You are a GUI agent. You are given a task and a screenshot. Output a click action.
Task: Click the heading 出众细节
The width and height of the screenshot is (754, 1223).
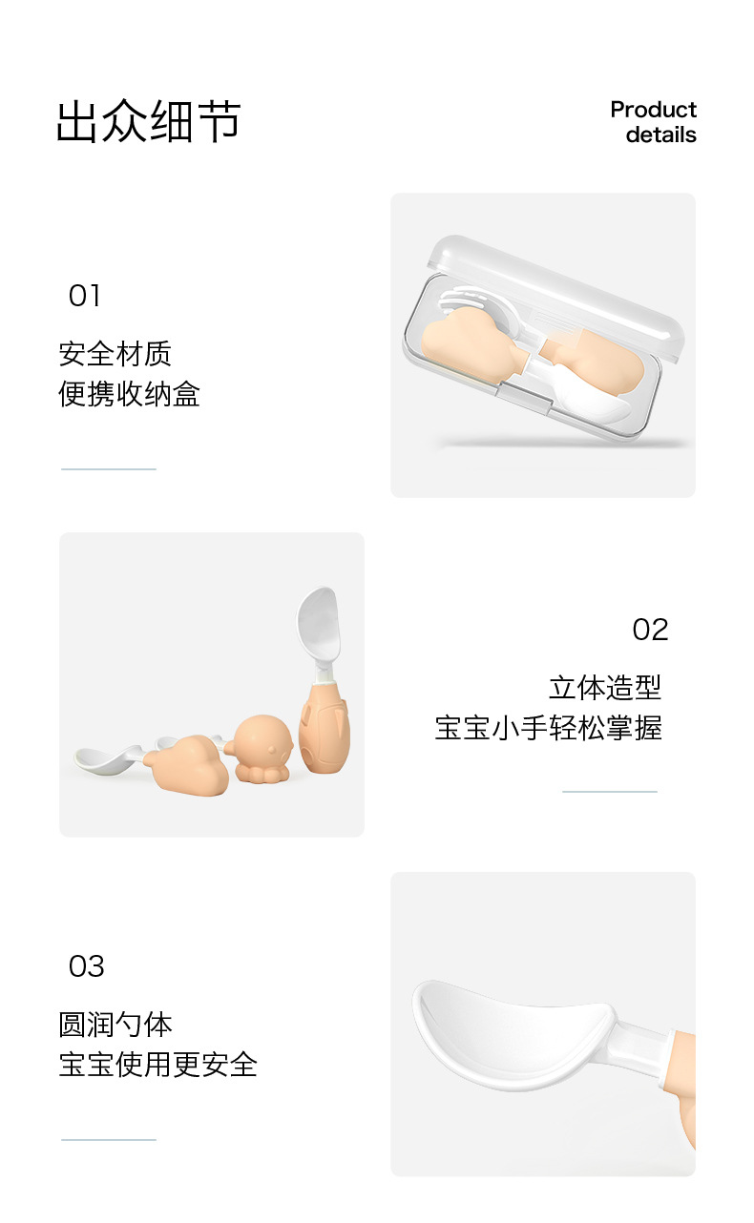[x=149, y=120]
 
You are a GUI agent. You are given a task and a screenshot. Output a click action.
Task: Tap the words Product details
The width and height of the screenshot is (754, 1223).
[x=654, y=122]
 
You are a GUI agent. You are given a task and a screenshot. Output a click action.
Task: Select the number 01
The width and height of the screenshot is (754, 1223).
[x=84, y=296]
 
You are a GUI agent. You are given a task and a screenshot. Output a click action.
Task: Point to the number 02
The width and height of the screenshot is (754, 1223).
[x=650, y=630]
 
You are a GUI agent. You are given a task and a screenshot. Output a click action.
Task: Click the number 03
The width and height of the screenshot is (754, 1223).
[x=86, y=967]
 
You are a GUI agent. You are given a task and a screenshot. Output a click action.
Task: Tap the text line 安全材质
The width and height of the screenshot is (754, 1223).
[x=115, y=354]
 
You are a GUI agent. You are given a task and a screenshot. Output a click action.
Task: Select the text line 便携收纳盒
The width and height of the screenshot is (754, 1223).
[x=130, y=394]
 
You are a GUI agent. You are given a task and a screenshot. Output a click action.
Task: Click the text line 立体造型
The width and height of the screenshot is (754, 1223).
[x=605, y=688]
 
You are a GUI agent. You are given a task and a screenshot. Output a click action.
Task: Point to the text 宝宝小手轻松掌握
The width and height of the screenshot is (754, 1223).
[x=549, y=728]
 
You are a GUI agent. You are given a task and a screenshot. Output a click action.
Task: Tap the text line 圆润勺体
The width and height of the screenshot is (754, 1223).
[x=115, y=1025]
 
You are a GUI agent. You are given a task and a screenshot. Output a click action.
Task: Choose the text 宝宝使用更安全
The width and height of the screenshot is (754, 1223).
[x=157, y=1064]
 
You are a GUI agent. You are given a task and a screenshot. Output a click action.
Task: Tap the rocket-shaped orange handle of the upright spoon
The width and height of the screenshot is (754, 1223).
[x=325, y=725]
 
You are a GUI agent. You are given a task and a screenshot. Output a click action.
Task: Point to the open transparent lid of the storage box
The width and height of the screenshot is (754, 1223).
[x=555, y=295]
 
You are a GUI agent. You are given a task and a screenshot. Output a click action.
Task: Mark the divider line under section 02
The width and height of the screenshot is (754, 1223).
[x=610, y=791]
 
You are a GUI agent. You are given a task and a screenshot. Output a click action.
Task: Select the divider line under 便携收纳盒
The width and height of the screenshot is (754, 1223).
[x=109, y=469]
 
